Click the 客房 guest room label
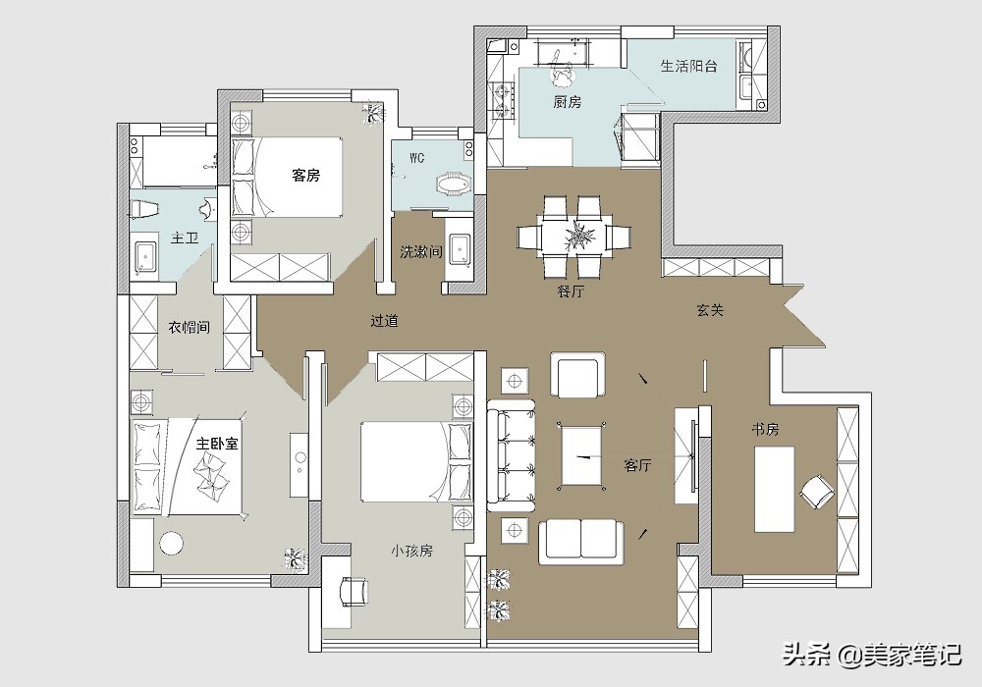pos(305,176)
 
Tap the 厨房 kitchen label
pos(568,101)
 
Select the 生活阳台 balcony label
pos(689,66)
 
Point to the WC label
pos(417,158)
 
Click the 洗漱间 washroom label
pos(421,251)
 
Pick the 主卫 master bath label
pos(185,238)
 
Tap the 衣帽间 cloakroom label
pos(189,327)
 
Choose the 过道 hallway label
pos(385,321)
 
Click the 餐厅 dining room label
pos(571,291)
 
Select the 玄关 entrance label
pos(710,310)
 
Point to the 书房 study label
pos(765,430)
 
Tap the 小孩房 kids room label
pos(411,551)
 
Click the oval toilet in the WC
pos(454,185)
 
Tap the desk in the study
pos(774,489)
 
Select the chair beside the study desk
pos(817,491)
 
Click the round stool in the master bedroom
pos(172,543)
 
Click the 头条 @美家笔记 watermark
pos(873,655)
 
